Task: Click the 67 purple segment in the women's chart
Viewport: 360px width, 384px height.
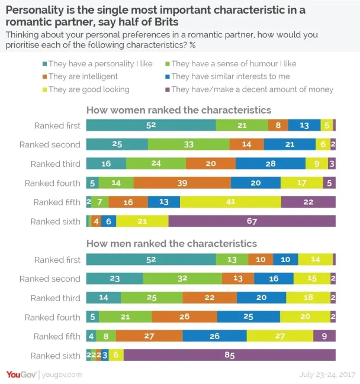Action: [x=252, y=221]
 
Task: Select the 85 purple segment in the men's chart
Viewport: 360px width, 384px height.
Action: [x=229, y=356]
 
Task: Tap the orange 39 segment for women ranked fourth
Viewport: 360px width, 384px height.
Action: [x=169, y=183]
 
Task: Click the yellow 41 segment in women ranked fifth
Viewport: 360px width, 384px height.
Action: [x=230, y=202]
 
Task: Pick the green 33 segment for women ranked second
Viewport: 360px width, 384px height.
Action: [x=188, y=144]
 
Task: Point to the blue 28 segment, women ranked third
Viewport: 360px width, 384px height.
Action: [x=270, y=164]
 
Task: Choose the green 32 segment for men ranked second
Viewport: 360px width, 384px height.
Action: [x=182, y=279]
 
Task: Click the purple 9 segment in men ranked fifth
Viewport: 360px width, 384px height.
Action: [x=324, y=336]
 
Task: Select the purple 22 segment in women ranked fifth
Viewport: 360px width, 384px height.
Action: [x=308, y=202]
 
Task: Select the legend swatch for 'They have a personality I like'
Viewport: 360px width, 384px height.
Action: [x=44, y=63]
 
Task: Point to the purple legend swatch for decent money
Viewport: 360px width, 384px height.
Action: [x=168, y=89]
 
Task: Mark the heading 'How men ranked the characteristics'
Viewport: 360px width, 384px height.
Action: [x=172, y=243]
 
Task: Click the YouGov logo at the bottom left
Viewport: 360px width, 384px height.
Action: [x=21, y=375]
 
